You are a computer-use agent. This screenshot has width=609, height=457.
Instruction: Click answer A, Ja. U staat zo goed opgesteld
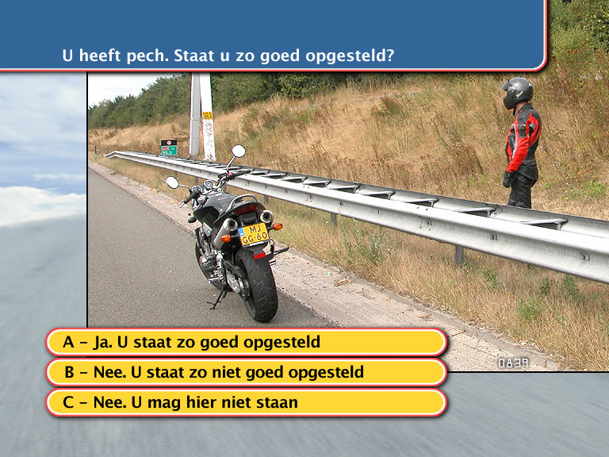point(247,342)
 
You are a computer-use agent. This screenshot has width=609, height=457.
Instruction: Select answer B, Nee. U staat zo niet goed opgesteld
point(247,372)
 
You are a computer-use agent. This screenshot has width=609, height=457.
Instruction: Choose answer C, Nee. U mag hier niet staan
point(247,402)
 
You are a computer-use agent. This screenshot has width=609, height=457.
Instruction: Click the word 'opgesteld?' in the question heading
point(350,56)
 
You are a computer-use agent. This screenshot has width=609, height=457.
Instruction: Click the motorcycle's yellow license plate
point(255,234)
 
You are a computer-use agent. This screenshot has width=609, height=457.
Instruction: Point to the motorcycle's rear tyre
point(258,284)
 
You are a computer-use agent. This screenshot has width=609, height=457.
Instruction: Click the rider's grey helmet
point(516,93)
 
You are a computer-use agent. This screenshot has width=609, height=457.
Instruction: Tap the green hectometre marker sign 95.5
point(169,151)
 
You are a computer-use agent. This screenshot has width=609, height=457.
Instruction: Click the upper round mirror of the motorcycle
point(239,152)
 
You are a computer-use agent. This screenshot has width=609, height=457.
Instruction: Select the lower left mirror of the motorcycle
point(172,182)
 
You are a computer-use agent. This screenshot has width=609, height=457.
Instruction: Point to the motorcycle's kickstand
point(218,300)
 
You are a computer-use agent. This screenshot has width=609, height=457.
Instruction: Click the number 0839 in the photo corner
point(514,363)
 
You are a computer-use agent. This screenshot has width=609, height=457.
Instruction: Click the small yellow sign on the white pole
point(208,115)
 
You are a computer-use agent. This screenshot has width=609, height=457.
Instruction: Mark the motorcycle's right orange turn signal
point(277,226)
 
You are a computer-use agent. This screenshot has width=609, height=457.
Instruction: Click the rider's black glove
point(507,179)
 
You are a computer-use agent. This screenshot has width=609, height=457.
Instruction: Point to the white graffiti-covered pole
point(202,116)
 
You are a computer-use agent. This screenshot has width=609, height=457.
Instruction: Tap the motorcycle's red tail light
point(246,210)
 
